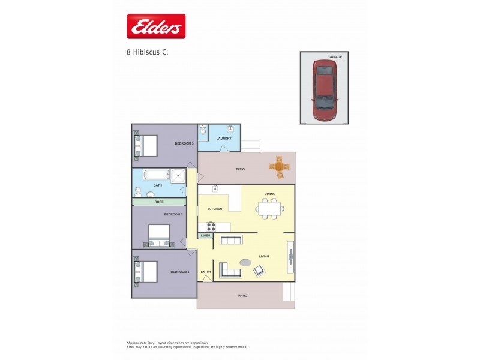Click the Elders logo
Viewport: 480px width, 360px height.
pos(155,26)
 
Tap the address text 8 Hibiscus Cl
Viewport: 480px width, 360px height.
pos(147,52)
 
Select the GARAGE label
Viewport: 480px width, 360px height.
pos(335,56)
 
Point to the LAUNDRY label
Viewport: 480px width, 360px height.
pos(224,139)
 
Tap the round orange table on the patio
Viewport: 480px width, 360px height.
pos(279,166)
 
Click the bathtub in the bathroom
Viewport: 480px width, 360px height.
pos(157,175)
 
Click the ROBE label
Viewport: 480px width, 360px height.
pos(159,202)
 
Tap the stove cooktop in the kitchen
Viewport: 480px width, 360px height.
pos(211,227)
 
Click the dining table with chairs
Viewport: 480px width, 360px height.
pos(269,208)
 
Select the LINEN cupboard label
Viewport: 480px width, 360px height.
pos(205,236)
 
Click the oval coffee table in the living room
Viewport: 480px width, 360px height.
pos(246,262)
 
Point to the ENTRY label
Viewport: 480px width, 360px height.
pos(206,272)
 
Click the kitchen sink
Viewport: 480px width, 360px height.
pos(214,189)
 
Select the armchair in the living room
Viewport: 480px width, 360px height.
pos(260,271)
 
